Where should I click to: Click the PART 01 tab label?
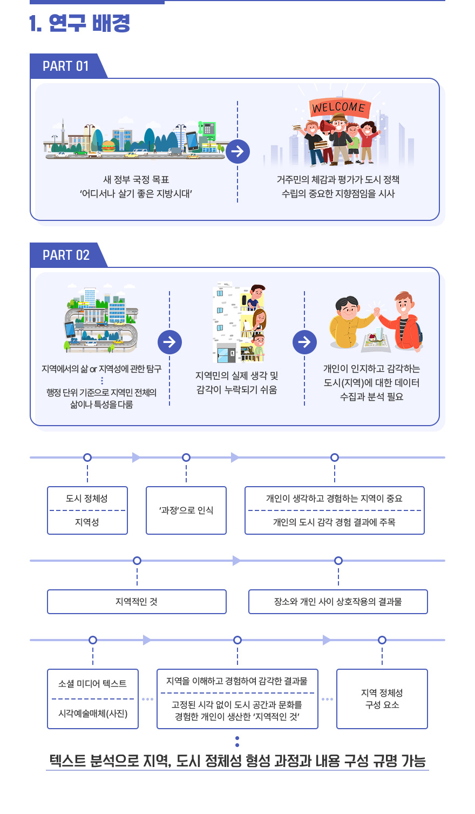[x=65, y=66]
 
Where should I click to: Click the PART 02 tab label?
[x=66, y=255]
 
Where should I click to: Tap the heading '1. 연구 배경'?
[x=80, y=23]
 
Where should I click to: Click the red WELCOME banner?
[x=338, y=107]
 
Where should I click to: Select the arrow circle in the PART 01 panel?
[x=237, y=152]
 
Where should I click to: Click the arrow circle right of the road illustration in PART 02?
[x=169, y=342]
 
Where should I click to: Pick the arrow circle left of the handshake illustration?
[x=304, y=342]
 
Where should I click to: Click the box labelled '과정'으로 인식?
[x=186, y=510]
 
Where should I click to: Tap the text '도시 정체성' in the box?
[x=87, y=499]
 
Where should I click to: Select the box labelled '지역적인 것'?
[x=137, y=602]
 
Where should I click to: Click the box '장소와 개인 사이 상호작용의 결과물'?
[x=338, y=602]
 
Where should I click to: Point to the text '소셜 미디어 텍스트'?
[x=92, y=684]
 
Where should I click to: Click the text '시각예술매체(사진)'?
[x=92, y=714]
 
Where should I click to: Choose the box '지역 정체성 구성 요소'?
[x=382, y=699]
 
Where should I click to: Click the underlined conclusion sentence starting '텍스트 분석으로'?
[x=237, y=761]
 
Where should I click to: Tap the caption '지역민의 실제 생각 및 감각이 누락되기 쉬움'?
[x=237, y=382]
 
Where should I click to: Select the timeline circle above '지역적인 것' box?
[x=137, y=561]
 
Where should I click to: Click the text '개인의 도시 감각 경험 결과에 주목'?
[x=334, y=522]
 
